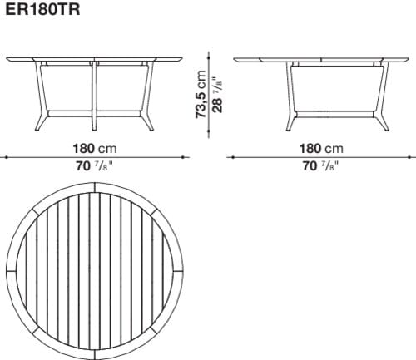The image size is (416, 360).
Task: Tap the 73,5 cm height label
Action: [201, 94]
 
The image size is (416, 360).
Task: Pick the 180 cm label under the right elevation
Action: [322, 149]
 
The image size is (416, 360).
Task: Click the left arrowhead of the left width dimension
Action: [3, 157]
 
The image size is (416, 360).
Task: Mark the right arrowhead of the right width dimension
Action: [413, 157]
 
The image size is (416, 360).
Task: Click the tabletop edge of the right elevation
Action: [322, 60]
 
